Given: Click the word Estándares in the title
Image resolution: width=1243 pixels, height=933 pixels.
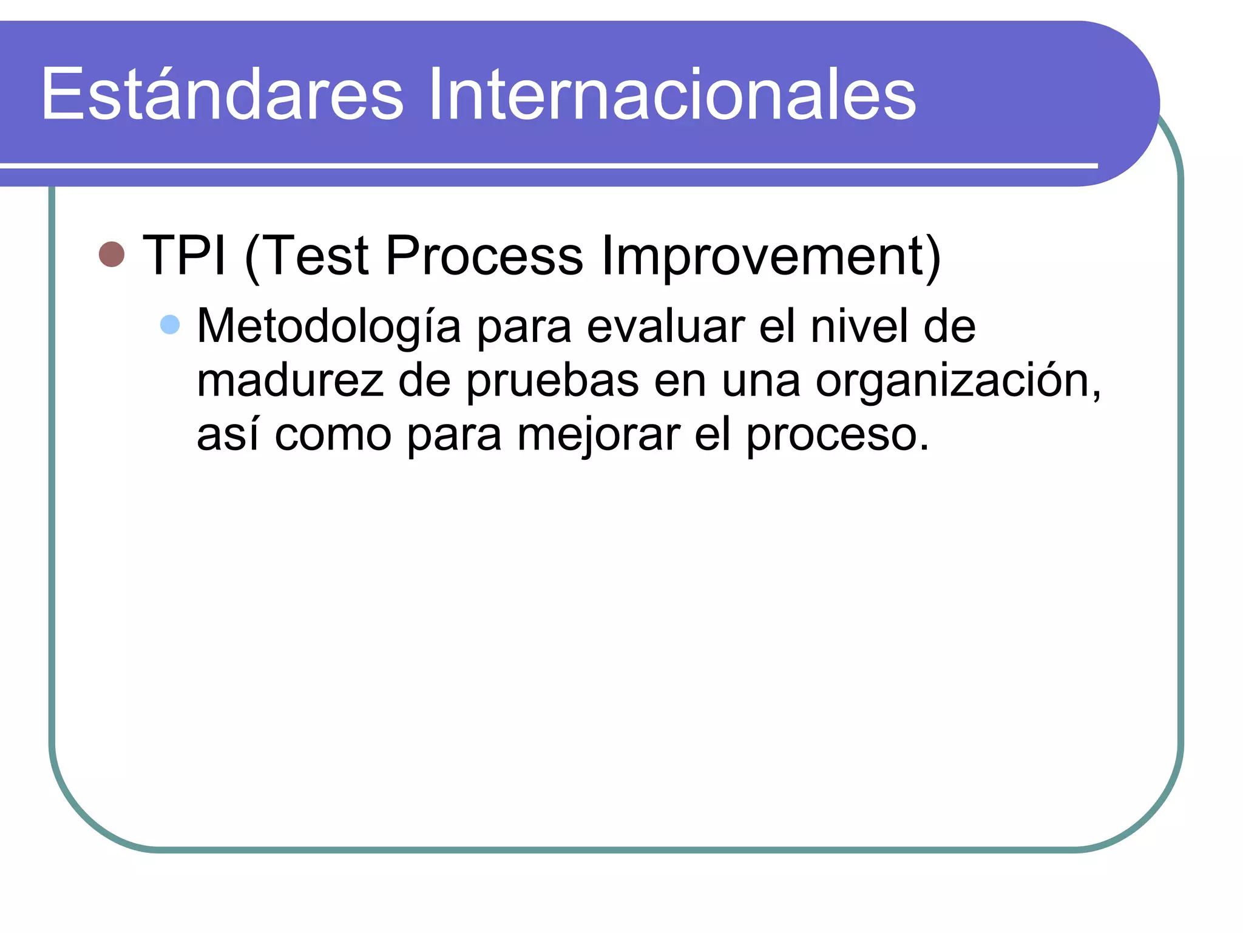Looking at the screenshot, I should pos(222,94).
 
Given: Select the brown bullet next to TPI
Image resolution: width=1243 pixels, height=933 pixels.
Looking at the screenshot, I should pos(112,255).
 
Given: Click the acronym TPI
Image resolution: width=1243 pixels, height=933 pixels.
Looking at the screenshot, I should pos(184,255).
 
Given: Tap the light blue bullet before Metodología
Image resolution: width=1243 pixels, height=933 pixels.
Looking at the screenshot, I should pos(170,325).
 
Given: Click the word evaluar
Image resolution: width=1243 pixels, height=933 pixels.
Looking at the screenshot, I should pos(666,327).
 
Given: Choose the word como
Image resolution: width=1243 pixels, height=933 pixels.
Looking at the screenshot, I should pos(333,435).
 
